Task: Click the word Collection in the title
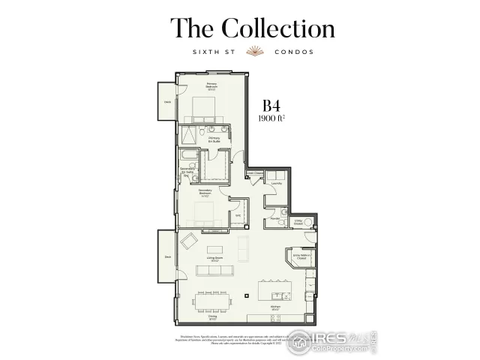tap(277, 28)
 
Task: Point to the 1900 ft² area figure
tap(272, 118)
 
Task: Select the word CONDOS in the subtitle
tap(294, 52)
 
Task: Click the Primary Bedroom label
tap(211, 87)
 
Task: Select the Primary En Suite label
tap(214, 139)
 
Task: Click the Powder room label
tap(275, 219)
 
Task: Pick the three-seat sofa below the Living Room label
tap(214, 270)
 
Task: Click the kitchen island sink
tap(280, 292)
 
